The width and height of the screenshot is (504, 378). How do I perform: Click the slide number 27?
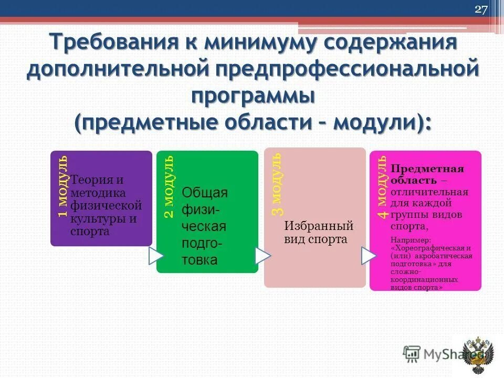click(481, 9)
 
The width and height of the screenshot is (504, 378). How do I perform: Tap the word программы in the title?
click(253, 97)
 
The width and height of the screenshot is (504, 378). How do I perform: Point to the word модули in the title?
click(379, 123)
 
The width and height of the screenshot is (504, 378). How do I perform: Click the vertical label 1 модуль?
click(62, 186)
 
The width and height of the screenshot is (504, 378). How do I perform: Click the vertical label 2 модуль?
click(169, 186)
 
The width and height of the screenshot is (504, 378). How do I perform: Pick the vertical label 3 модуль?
click(277, 183)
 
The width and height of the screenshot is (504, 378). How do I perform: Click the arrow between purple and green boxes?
click(156, 256)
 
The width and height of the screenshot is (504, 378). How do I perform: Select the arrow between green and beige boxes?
click(262, 256)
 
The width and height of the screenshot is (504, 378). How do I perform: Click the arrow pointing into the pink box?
click(369, 256)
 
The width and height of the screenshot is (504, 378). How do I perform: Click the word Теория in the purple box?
click(90, 180)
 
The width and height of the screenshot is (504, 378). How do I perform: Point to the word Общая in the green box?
click(204, 192)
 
